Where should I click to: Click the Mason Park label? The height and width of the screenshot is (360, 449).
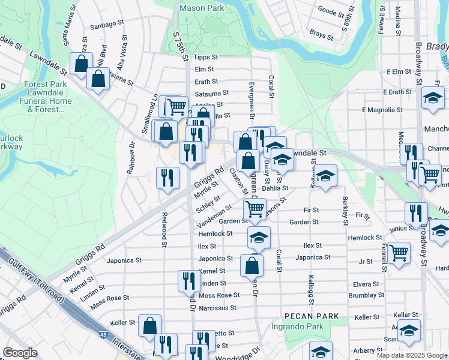202,8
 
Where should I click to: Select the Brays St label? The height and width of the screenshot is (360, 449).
321,35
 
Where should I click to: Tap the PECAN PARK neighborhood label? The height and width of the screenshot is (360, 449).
312,316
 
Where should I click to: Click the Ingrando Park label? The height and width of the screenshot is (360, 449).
297,327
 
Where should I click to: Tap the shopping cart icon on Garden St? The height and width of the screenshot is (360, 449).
255,209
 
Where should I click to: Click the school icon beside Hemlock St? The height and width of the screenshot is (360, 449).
258,238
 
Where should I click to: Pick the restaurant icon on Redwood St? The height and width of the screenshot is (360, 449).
167,177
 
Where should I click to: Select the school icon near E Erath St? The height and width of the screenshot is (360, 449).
433,97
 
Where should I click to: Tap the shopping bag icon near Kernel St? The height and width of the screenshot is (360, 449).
251,265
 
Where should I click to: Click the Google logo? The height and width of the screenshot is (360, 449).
20,353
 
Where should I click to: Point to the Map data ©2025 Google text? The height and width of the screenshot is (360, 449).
411,355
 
